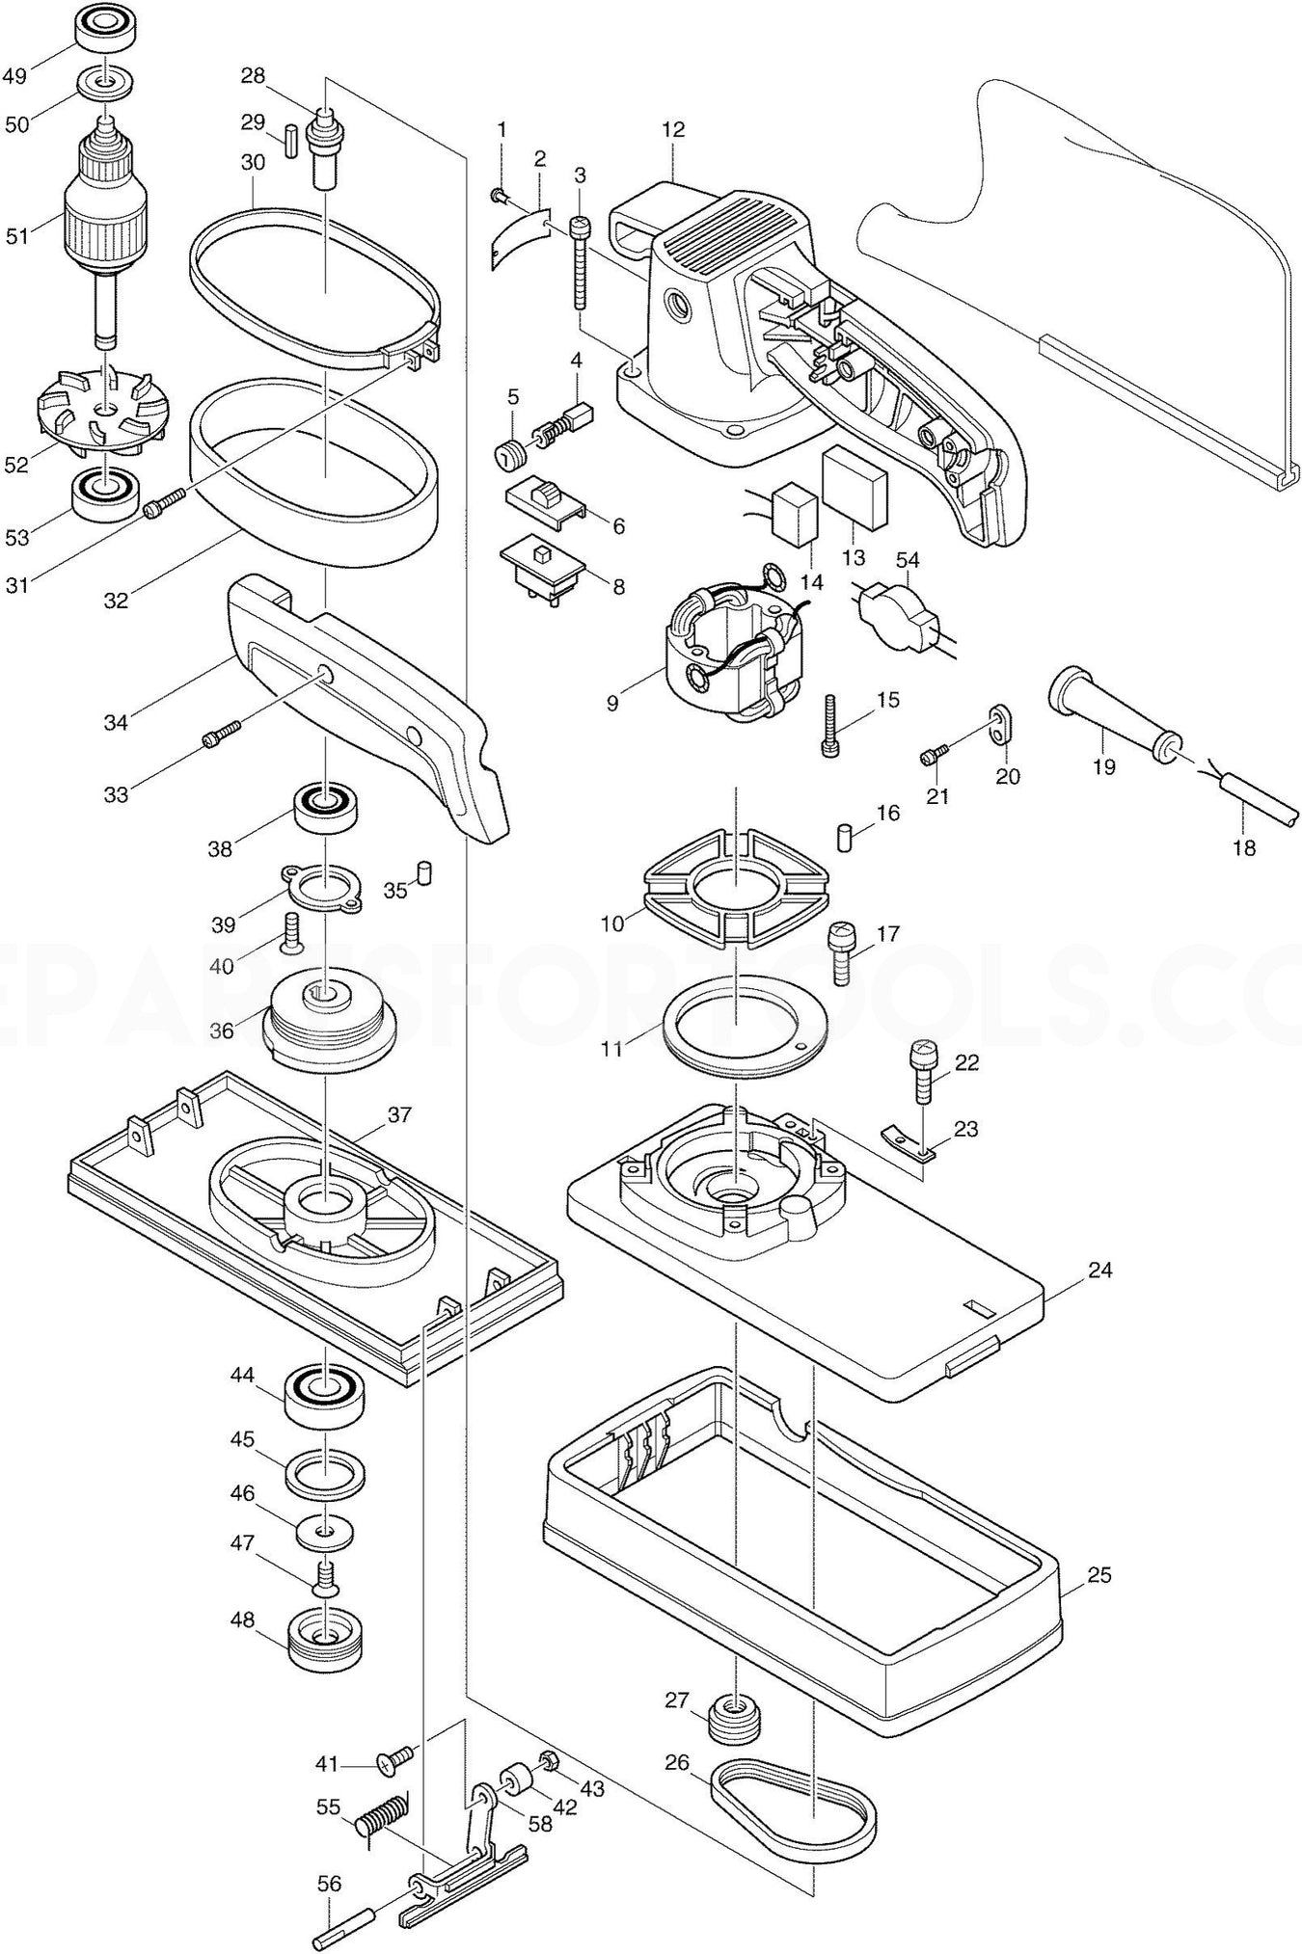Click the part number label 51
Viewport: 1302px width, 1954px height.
click(x=17, y=234)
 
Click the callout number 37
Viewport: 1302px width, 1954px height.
click(x=399, y=1115)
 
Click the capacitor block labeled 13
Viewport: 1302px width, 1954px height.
click(x=854, y=489)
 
